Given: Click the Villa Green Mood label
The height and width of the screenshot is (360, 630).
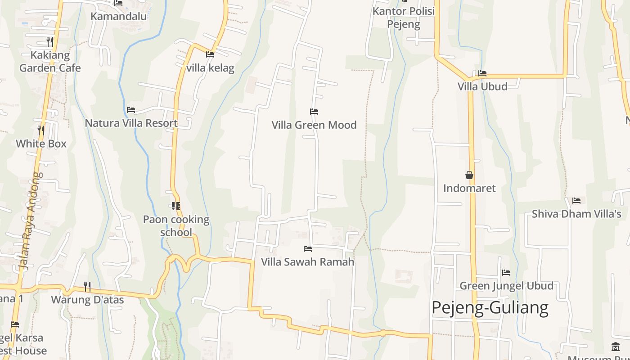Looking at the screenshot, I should click(x=314, y=125).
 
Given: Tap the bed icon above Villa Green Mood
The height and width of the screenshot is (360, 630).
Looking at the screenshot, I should click(x=314, y=112).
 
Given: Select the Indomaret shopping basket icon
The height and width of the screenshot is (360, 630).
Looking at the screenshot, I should click(x=469, y=175).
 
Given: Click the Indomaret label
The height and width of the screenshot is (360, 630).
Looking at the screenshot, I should click(x=469, y=188).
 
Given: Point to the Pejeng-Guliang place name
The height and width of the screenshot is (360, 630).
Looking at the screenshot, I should click(x=490, y=308).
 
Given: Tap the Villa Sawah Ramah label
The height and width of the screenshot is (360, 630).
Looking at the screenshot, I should click(x=308, y=261).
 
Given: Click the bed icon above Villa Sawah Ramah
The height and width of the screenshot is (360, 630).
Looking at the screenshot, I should click(x=308, y=248).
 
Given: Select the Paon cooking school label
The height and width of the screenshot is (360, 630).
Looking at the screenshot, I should click(x=176, y=226).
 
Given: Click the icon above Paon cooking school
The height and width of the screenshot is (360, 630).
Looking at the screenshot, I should click(x=176, y=206).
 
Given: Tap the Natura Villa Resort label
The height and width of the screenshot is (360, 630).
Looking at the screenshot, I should click(x=131, y=123).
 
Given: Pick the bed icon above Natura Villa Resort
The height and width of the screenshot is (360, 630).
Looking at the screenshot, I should click(x=131, y=109).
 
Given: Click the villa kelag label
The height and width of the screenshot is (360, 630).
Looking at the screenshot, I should click(x=210, y=68).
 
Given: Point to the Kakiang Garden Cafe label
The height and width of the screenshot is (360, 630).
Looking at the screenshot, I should click(x=50, y=62).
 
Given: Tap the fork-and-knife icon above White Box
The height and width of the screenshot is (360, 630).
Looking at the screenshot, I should click(x=41, y=130).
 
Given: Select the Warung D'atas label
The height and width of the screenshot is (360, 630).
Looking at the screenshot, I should click(x=87, y=299).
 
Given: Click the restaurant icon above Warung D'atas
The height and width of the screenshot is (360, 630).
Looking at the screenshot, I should click(x=87, y=286).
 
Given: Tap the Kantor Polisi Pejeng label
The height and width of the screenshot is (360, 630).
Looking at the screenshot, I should click(x=404, y=17).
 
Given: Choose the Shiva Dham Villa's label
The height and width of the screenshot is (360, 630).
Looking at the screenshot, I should click(x=576, y=214).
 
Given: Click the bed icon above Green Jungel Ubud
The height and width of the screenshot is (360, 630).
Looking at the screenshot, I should click(x=506, y=273).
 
